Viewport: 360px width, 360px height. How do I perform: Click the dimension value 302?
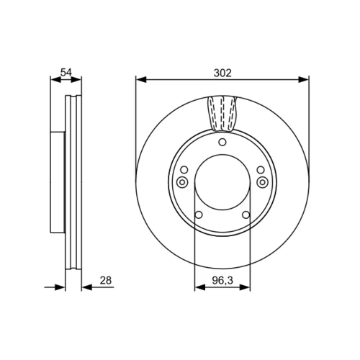(x=222, y=73)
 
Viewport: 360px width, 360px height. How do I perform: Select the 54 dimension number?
(x=66, y=72)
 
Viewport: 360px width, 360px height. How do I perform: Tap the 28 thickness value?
(x=106, y=280)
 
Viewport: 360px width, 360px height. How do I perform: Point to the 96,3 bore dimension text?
(x=222, y=280)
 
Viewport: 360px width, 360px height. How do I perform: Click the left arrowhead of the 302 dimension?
(x=141, y=79)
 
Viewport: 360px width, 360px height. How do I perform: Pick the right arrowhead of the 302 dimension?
(x=303, y=79)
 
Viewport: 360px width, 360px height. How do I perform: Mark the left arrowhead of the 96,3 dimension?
(x=200, y=287)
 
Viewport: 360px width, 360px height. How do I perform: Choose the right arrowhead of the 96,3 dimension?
(x=245, y=287)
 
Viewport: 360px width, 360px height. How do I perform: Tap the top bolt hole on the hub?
(x=222, y=143)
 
